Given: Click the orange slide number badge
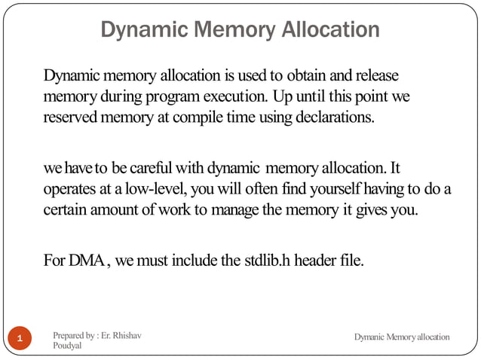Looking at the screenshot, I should tap(20, 338).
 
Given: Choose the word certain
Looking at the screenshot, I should tap(68, 209).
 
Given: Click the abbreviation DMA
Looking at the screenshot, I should tap(87, 261).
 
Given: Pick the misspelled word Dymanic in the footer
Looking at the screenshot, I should tap(370, 337).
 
